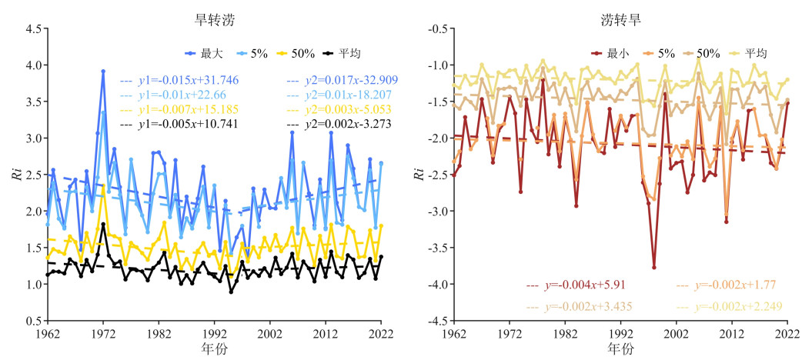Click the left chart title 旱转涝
click(216, 21)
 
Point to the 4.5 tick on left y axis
click(32, 28)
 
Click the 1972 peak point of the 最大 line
click(103, 71)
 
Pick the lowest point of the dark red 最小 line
click(654, 268)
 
